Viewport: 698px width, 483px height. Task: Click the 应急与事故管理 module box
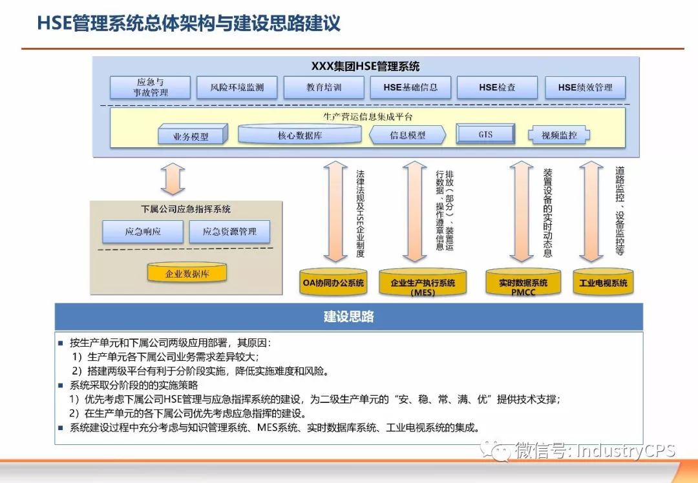(x=150, y=87)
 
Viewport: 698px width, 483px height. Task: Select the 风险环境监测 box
(x=237, y=87)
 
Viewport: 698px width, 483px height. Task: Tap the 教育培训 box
(x=324, y=87)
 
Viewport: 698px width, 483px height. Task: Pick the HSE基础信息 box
(x=410, y=87)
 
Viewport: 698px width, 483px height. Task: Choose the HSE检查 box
(x=497, y=87)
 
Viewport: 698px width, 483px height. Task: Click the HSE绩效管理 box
(x=585, y=87)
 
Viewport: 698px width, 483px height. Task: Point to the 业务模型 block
(x=192, y=136)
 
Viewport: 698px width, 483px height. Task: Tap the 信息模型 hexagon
(x=408, y=135)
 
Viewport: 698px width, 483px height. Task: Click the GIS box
(x=485, y=134)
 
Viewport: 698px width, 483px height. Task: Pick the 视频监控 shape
(x=559, y=135)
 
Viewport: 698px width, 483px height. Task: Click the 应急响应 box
(x=143, y=231)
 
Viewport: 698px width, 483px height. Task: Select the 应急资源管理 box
(x=229, y=231)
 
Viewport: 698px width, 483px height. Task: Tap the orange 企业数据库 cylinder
(x=187, y=273)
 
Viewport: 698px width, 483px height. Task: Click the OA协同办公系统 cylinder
(x=333, y=283)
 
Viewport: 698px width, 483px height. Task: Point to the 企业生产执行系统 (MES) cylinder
(x=423, y=283)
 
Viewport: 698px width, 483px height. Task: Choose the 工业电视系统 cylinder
(x=603, y=283)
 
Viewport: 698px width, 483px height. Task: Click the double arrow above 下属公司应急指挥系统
(x=173, y=179)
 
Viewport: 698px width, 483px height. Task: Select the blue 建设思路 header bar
(x=348, y=317)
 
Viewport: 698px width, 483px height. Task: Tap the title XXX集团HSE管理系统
(x=365, y=67)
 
